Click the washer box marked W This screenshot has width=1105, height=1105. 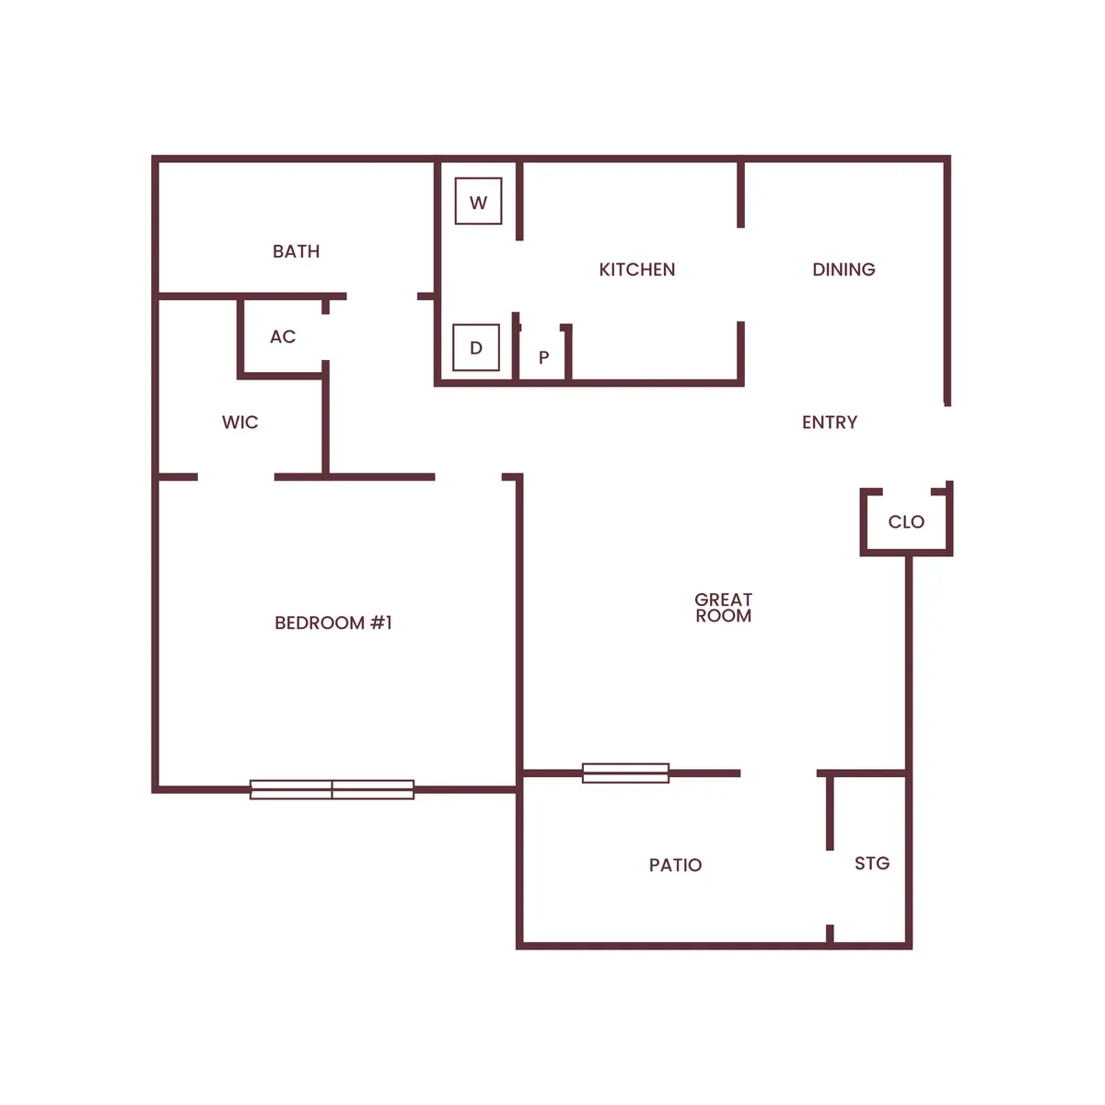478,202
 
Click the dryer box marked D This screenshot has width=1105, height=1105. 476,348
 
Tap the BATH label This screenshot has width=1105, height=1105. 296,251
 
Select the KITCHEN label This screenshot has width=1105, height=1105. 636,270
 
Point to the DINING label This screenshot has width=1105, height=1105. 843,270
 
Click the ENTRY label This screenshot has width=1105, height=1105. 829,423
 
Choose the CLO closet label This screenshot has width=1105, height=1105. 906,522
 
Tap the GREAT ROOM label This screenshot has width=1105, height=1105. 723,608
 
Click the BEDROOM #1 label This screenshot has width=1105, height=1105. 333,623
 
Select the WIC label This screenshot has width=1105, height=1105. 239,423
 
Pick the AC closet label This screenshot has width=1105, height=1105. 283,337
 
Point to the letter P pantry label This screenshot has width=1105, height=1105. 544,357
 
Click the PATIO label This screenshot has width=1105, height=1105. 675,866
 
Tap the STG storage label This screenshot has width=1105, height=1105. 871,864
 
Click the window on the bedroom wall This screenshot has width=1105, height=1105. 332,789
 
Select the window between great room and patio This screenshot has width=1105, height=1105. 626,773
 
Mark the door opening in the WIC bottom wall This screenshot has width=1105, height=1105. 236,477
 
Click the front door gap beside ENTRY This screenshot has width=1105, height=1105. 948,443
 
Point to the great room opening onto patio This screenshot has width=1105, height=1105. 778,773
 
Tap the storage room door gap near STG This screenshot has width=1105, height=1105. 830,888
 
